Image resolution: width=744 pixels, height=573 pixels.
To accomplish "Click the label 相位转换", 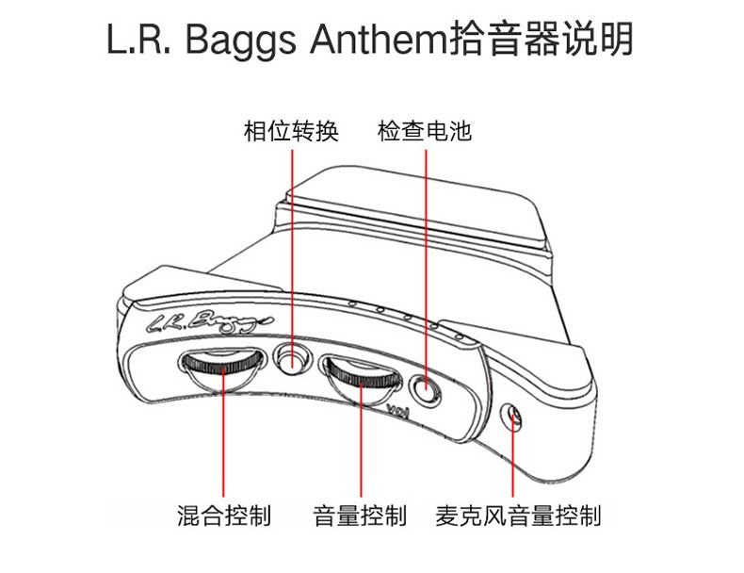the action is (x=291, y=131).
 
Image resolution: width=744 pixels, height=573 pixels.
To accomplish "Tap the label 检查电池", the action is (x=425, y=131).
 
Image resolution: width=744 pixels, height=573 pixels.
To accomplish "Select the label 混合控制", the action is (x=224, y=516).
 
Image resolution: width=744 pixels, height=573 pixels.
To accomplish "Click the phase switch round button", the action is (x=292, y=358).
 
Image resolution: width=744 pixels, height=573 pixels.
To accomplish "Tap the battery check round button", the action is (x=426, y=387).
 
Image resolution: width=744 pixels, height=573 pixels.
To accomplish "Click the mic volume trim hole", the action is (x=514, y=416).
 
